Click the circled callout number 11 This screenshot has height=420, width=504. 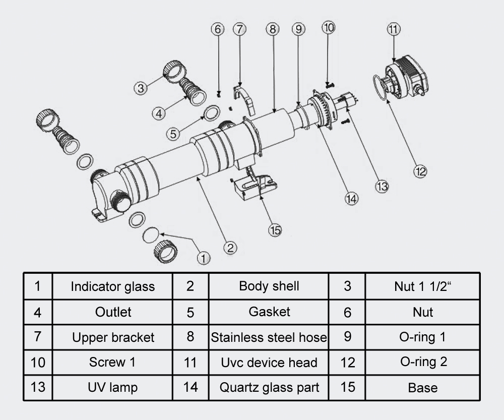pos(394,29)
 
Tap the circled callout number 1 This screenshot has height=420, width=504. pos(203,258)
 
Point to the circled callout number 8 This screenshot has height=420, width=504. pos(273,29)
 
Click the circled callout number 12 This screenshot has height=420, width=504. pos(420,171)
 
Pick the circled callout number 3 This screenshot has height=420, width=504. pos(141,88)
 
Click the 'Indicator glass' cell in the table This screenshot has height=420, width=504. pos(112,286)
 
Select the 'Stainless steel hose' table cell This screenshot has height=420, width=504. pos(269,337)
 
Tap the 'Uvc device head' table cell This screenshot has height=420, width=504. pos(269,362)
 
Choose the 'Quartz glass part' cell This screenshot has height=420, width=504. pos(269,388)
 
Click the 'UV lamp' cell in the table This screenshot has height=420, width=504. pos(112,388)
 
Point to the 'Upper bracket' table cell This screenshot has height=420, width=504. pos(112,337)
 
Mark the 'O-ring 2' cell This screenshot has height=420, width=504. pos(423,362)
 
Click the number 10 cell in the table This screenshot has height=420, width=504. pos(38,362)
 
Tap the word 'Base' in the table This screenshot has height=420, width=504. pos(423,388)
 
